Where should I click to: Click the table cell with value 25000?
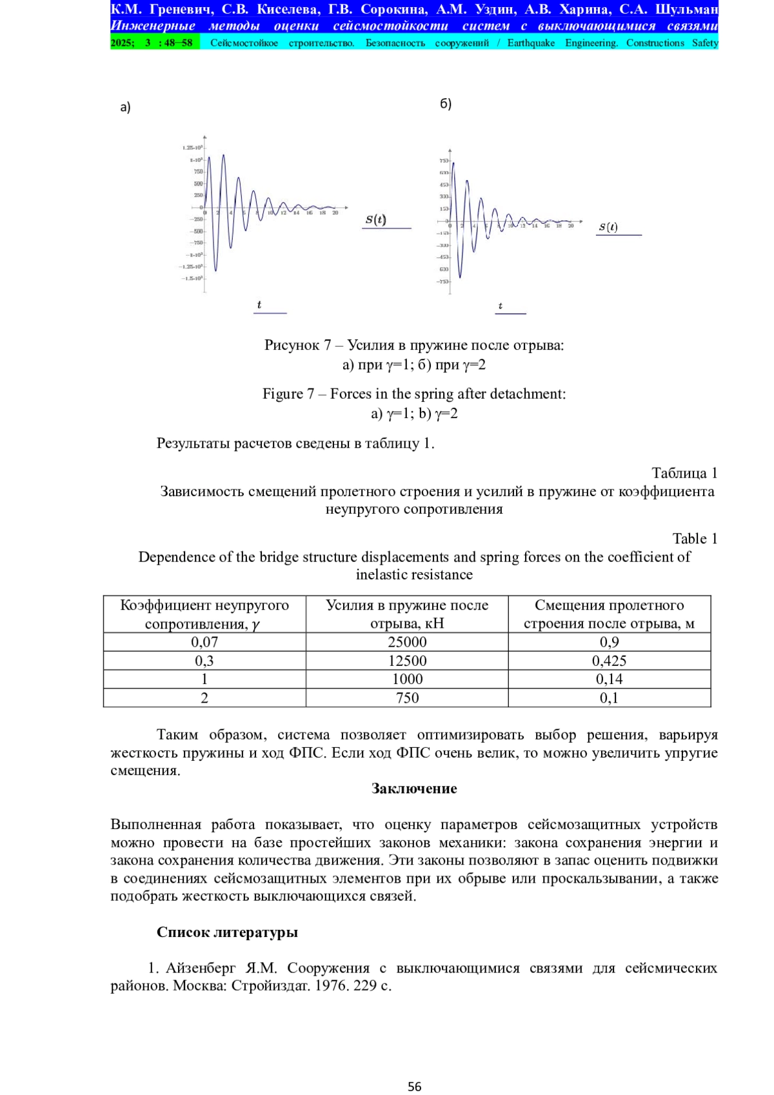coord(407,642)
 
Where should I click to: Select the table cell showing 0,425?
coord(609,661)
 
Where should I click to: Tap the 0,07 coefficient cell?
coord(204,642)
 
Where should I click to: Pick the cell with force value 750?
coord(407,698)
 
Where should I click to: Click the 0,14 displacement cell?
coord(609,679)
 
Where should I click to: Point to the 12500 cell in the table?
coord(407,661)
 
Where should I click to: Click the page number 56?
coord(414,1087)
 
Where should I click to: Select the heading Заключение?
coord(414,789)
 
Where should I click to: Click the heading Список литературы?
coord(227,932)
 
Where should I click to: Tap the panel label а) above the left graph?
coord(125,107)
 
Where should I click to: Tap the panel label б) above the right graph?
coord(446,104)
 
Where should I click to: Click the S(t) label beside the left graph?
coord(375,219)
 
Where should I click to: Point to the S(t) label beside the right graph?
coord(608,227)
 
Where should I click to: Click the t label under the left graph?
coord(259,305)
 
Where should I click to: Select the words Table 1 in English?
coord(694,539)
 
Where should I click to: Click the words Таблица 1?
coord(684,473)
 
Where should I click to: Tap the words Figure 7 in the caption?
coord(288,394)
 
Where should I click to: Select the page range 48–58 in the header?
coord(178,43)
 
